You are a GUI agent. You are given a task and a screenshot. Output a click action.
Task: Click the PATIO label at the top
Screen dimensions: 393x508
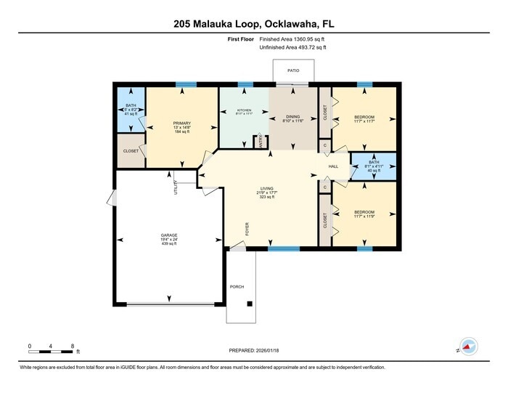(292, 70)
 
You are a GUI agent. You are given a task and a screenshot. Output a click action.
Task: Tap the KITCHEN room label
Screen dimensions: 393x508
(243, 110)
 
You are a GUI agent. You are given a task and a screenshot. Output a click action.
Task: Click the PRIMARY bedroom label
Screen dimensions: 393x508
(181, 123)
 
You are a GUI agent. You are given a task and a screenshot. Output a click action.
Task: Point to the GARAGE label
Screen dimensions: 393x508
(169, 235)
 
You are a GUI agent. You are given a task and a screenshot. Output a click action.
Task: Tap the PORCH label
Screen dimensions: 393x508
(237, 286)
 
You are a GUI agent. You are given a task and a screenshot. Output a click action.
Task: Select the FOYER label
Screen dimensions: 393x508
(247, 230)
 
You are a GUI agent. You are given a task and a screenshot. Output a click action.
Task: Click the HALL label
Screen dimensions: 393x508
(334, 166)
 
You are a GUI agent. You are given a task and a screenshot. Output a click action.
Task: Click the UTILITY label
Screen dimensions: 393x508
(176, 188)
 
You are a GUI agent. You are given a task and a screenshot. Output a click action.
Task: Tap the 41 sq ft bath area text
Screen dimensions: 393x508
(131, 115)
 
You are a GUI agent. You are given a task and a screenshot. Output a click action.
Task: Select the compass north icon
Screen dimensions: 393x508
(469, 346)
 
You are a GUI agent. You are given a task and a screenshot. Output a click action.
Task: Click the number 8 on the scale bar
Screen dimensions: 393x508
(73, 345)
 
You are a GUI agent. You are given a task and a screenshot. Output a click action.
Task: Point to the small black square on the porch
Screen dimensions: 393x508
(250, 304)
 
